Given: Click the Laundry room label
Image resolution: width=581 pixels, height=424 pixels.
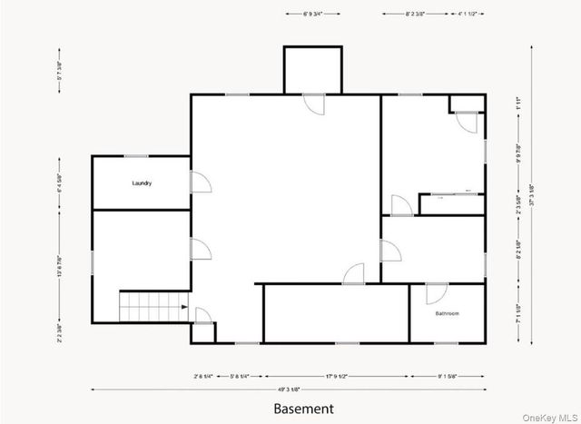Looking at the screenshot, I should (x=142, y=183).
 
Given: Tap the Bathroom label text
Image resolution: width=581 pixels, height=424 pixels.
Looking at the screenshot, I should (x=447, y=314).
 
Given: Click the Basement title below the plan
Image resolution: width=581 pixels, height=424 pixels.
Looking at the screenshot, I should (x=305, y=409).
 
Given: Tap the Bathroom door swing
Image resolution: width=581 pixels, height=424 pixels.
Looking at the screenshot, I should (x=437, y=293).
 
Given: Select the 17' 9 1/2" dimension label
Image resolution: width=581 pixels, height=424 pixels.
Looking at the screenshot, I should (x=336, y=375).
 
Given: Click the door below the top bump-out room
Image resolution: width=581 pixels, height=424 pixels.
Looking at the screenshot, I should (x=314, y=104).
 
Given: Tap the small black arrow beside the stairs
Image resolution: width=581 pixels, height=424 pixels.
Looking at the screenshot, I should (x=184, y=308).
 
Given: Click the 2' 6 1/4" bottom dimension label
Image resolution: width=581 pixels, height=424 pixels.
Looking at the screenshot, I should (x=203, y=375).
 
